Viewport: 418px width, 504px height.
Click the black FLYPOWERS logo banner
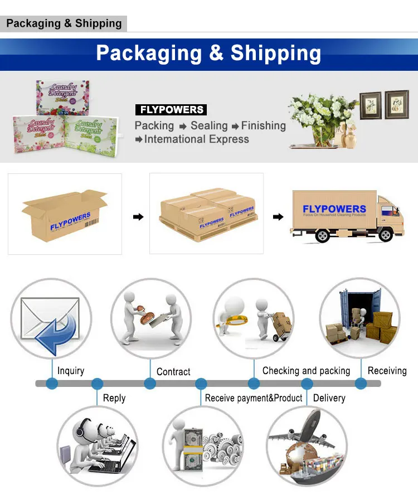(171, 110)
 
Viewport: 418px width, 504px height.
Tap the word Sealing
(209, 125)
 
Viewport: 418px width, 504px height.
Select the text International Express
(196, 139)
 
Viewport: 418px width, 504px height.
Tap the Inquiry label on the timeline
(71, 371)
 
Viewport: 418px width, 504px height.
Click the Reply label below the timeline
(114, 398)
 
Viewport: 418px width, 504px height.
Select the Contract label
(173, 371)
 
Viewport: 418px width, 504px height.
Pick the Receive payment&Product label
(254, 398)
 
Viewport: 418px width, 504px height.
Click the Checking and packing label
(306, 371)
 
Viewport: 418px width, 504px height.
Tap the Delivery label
(329, 398)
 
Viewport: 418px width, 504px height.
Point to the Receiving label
(387, 371)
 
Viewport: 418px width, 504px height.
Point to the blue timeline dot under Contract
(150, 384)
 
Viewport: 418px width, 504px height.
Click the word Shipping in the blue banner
(276, 53)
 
